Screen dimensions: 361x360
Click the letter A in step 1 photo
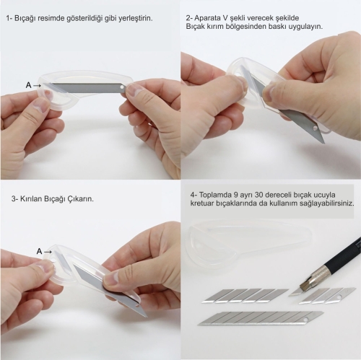tap(29, 85)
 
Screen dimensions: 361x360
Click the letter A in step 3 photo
tap(39, 252)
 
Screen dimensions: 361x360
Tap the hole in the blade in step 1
tap(122, 87)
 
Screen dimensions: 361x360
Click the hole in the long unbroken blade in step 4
tap(306, 320)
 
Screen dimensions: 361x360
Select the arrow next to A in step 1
tap(37, 85)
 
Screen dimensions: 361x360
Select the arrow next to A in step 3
tap(48, 252)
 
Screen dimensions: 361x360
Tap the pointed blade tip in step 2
tap(325, 144)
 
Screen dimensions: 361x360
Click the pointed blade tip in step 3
tap(147, 317)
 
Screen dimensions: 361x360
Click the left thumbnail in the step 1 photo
tap(41, 106)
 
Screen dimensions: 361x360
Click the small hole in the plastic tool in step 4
tap(198, 245)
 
